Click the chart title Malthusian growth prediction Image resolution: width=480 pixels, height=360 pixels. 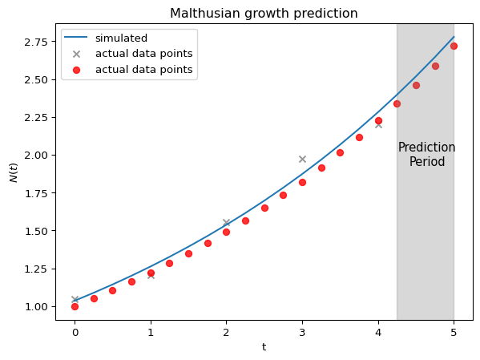264,14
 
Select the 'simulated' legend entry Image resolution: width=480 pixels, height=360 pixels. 121,38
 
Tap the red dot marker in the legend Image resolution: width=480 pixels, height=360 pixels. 76,71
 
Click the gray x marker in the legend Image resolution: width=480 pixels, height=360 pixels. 76,55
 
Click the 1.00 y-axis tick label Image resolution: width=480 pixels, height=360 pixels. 36,307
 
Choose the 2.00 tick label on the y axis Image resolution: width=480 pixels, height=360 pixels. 36,156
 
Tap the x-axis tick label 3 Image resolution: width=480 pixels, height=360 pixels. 302,333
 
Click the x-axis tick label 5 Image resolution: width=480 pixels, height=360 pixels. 454,333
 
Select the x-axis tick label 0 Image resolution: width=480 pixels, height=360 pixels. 75,333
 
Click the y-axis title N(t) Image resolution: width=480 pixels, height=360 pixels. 14,173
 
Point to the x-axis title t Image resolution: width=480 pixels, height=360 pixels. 264,347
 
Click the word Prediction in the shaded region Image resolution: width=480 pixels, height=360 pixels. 427,148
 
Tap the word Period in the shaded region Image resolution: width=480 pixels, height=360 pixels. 427,161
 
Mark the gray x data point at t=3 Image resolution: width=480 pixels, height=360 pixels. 302,159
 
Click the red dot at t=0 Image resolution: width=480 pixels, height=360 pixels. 75,306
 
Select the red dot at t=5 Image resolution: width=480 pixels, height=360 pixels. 454,46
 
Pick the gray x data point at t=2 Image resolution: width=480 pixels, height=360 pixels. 227,222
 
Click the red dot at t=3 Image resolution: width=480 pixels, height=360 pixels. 302,182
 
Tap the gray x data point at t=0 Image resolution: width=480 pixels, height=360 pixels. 75,299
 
